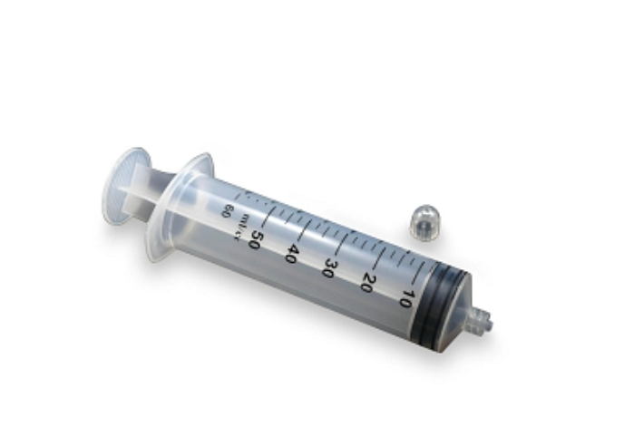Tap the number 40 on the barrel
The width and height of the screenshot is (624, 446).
pyautogui.click(x=293, y=254)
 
